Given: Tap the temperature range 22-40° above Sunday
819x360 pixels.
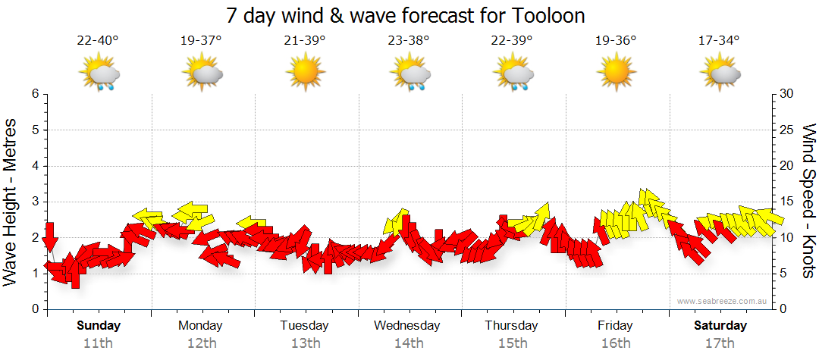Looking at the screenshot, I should point(98,41).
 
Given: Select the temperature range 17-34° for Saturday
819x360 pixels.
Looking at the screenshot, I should point(719,41).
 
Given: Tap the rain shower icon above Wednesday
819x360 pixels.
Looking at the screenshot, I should point(409,74).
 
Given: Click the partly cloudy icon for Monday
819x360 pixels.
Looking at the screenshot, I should point(202,74).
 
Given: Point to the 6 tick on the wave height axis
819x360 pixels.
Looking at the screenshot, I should point(34,94).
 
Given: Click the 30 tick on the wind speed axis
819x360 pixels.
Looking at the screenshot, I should point(787,94).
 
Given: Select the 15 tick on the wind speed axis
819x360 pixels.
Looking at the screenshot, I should point(786,202).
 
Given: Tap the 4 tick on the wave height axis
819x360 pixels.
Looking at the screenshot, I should point(34,166).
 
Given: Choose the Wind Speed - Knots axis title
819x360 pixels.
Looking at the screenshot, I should point(808,202).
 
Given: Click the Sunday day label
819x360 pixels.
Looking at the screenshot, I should point(99,326).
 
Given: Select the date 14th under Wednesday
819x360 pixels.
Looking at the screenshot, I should point(408,343).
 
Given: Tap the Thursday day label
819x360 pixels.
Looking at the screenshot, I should point(511,326).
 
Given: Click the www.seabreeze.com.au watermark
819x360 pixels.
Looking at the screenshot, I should point(723,301).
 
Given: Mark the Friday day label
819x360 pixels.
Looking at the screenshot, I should point(615,326).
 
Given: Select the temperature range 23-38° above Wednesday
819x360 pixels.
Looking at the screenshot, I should point(408,41).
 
